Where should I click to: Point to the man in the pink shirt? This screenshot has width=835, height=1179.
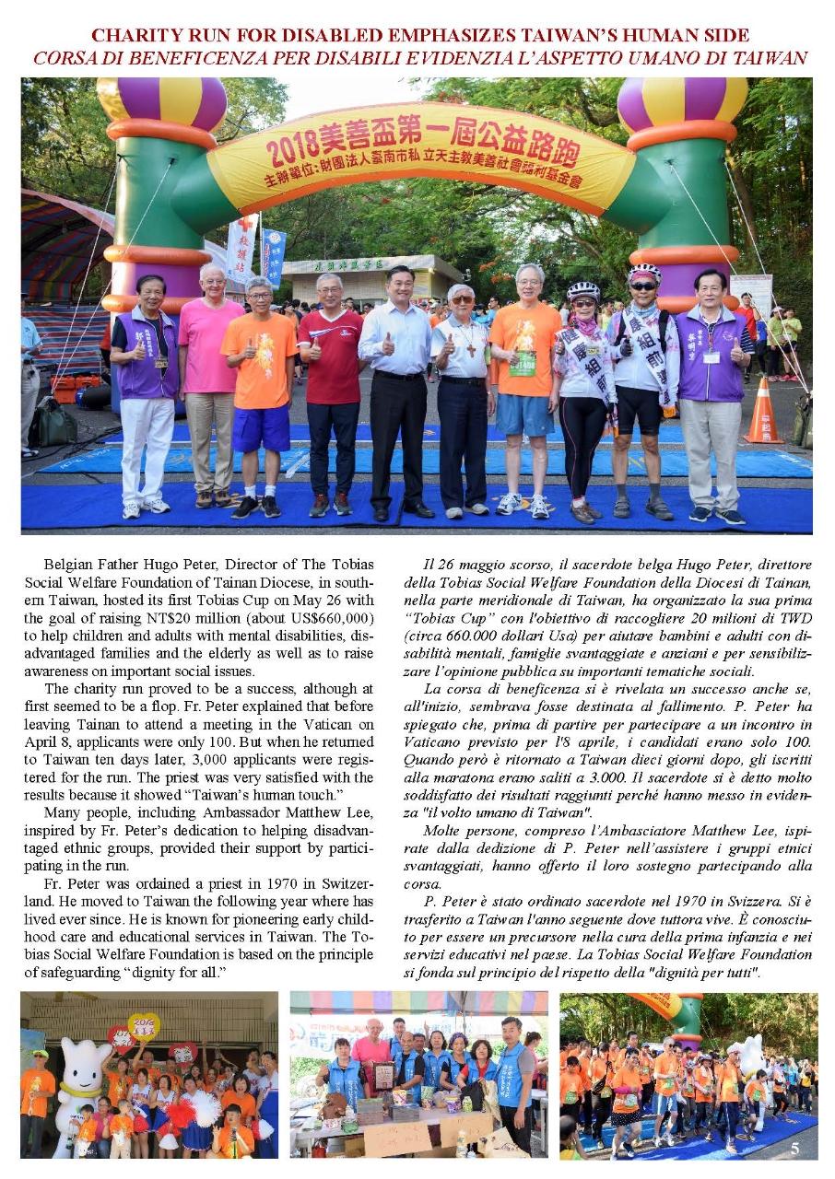210,387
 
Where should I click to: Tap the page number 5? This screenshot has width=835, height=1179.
794,1148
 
